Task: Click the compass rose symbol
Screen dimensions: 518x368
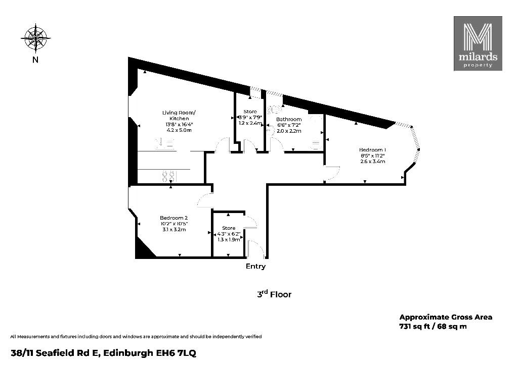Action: [36, 38]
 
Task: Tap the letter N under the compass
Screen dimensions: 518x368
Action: [35, 60]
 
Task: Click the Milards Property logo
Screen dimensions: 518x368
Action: [478, 43]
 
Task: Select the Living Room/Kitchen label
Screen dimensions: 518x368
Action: [179, 116]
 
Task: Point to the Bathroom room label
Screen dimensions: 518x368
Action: [289, 119]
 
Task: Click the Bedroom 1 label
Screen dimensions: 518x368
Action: [372, 150]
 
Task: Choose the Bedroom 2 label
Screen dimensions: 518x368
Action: [174, 218]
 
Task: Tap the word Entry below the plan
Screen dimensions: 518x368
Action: [255, 266]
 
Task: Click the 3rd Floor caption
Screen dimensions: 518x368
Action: [274, 294]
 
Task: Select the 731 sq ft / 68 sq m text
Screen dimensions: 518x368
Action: [433, 327]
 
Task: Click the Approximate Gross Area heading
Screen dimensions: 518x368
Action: [446, 317]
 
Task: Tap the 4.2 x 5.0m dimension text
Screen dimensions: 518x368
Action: [179, 130]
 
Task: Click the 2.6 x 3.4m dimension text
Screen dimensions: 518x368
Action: [373, 161]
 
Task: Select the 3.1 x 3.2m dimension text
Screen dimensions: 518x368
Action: [174, 229]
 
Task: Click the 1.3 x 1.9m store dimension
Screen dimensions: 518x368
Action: [229, 240]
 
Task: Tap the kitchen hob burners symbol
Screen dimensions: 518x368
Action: [168, 176]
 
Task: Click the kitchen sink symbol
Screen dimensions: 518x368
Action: [165, 144]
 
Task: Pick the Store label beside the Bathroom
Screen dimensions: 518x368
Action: [250, 112]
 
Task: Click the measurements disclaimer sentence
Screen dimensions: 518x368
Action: [136, 337]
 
